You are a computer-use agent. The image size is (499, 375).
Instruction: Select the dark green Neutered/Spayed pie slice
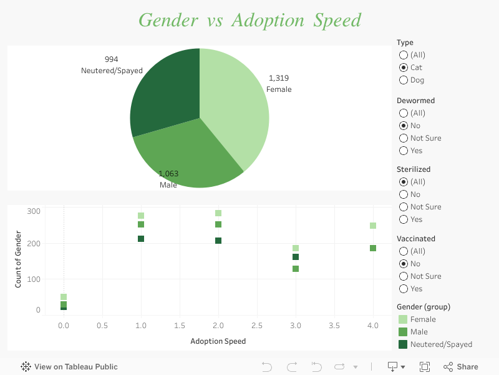point(165,91)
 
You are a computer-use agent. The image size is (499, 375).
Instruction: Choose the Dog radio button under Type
point(404,80)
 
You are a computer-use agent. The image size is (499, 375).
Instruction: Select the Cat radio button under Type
point(404,67)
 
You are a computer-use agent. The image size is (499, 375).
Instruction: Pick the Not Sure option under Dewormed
point(404,138)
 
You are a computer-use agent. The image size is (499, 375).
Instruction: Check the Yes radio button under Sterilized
point(404,219)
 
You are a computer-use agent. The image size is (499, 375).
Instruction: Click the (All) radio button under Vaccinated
point(404,251)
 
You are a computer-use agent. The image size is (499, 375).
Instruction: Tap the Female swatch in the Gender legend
point(403,319)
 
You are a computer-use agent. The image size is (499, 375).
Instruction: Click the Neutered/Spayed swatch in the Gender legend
point(403,344)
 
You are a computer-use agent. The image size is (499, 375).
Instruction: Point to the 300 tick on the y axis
point(34,211)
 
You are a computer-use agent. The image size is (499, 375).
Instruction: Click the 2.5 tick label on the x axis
point(257,326)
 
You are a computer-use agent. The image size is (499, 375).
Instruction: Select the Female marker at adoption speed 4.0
point(373,226)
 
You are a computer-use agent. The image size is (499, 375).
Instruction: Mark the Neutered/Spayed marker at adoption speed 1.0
point(141,239)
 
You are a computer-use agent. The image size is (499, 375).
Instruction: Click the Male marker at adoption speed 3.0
point(296,269)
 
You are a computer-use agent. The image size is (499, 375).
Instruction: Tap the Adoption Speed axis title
point(218,341)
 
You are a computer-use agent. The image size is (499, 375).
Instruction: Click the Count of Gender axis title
point(19,259)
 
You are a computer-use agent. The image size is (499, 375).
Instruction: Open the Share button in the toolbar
point(461,367)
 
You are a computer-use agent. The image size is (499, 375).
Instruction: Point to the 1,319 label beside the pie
point(279,78)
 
